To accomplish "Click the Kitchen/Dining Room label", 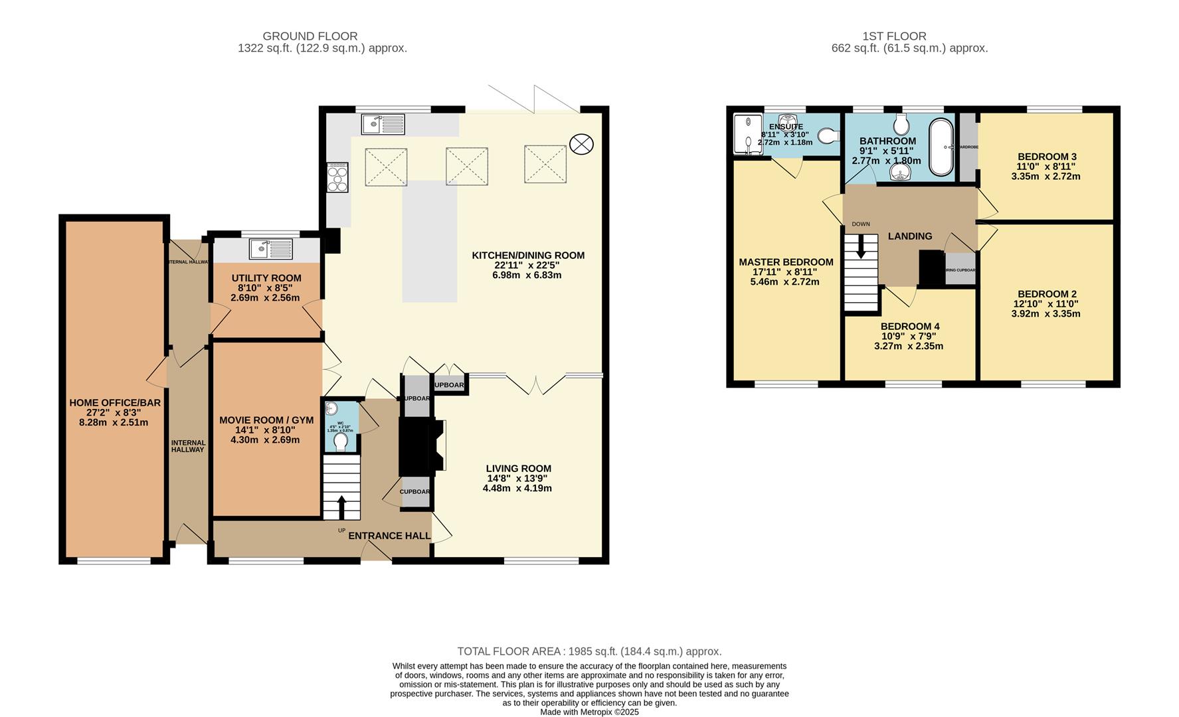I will pos(528,256).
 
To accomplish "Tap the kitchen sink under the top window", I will pos(383,124).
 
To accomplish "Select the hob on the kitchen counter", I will pos(337,178).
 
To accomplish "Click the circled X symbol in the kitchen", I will pos(581,144).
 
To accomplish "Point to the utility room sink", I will pos(270,249).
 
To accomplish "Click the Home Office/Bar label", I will pos(114,403).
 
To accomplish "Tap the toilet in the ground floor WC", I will pos(341,442).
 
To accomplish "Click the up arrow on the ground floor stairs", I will pos(342,508).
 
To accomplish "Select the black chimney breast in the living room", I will pos(416,446).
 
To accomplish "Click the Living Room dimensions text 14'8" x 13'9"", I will pos(517,478).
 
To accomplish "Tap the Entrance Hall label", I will pos(389,536).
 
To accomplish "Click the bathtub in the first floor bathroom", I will pos(939,147).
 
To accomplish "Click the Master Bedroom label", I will pos(786,262).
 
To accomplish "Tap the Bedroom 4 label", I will pos(909,327).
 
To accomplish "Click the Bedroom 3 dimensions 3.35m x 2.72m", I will pos(1045,177).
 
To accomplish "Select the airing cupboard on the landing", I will pos(960,269).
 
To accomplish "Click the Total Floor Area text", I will pos(589,652).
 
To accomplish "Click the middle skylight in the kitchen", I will pos(466,166).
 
